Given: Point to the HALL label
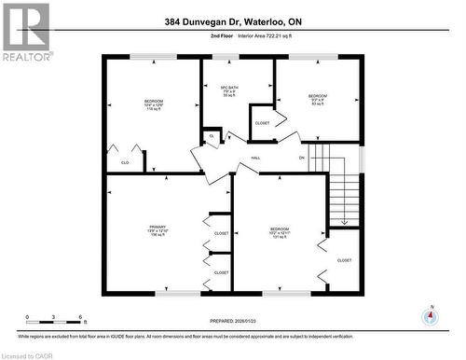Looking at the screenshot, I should [x=255, y=158].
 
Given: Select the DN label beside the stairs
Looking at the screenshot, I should [x=301, y=158].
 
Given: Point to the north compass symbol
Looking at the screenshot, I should [x=429, y=316].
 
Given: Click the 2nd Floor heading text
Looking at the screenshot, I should [x=195, y=36].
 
